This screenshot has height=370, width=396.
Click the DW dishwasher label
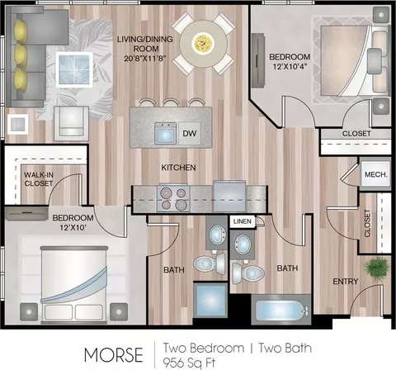tap(190, 134)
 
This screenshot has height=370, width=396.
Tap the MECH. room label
tap(375, 174)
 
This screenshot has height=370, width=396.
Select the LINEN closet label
tap(243, 221)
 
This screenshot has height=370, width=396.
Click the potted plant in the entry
tap(376, 268)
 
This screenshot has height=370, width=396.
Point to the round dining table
tap(204, 44)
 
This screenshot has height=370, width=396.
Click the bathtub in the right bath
tap(281, 311)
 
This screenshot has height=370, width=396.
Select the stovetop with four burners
tap(174, 197)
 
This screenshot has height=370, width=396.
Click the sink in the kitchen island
tap(165, 134)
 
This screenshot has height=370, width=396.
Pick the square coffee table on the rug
tap(74, 70)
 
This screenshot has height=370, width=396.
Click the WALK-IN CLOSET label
tap(39, 179)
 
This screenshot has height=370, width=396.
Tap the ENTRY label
tap(346, 282)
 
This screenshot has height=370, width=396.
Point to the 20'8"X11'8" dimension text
tap(145, 59)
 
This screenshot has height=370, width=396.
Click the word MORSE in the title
tap(114, 354)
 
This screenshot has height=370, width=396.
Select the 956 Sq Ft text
tap(189, 363)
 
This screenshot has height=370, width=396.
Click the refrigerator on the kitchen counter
tap(229, 196)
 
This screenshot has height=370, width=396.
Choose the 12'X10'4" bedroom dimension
tap(290, 67)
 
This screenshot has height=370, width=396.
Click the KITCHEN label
tap(178, 168)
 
